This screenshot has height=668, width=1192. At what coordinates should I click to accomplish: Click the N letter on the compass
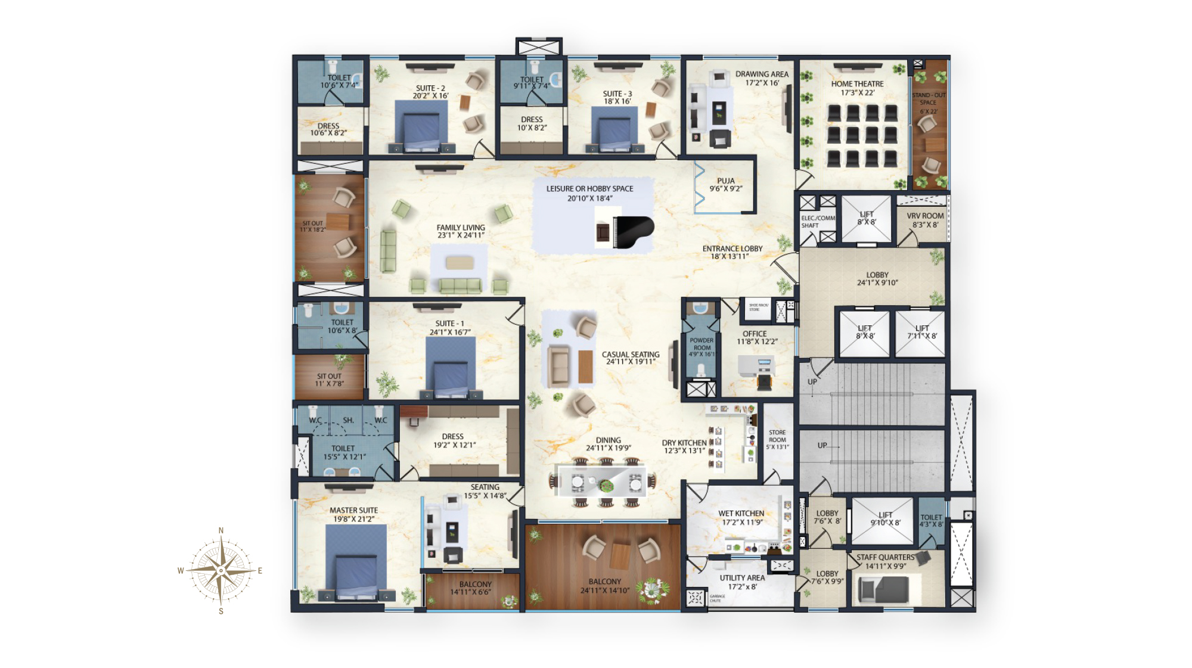pyautogui.click(x=221, y=530)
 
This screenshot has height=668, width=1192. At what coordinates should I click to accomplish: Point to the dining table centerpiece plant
pyautogui.click(x=607, y=484)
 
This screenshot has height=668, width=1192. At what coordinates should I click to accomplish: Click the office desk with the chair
pyautogui.click(x=757, y=368)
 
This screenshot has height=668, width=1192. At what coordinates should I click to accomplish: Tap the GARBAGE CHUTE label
pyautogui.click(x=717, y=598)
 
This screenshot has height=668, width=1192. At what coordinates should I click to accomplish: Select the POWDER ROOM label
pyautogui.click(x=701, y=344)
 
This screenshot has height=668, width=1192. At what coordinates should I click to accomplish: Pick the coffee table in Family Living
pyautogui.click(x=460, y=263)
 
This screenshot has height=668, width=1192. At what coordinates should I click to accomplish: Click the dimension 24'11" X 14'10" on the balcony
pyautogui.click(x=604, y=591)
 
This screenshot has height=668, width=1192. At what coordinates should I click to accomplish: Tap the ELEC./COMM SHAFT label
pyautogui.click(x=817, y=222)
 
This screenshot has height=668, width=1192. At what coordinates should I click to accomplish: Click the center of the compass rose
pyautogui.click(x=221, y=570)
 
